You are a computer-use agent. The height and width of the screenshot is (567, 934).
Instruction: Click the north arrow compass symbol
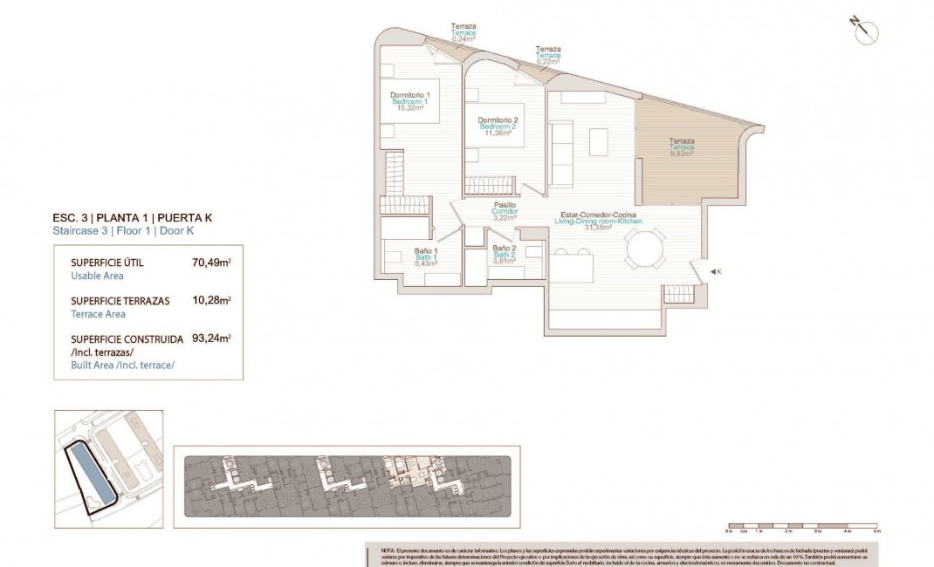(x=865, y=31)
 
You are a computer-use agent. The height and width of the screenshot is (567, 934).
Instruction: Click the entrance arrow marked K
(x=715, y=272)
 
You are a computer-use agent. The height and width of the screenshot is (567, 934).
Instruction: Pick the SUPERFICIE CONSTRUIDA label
(x=127, y=338)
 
